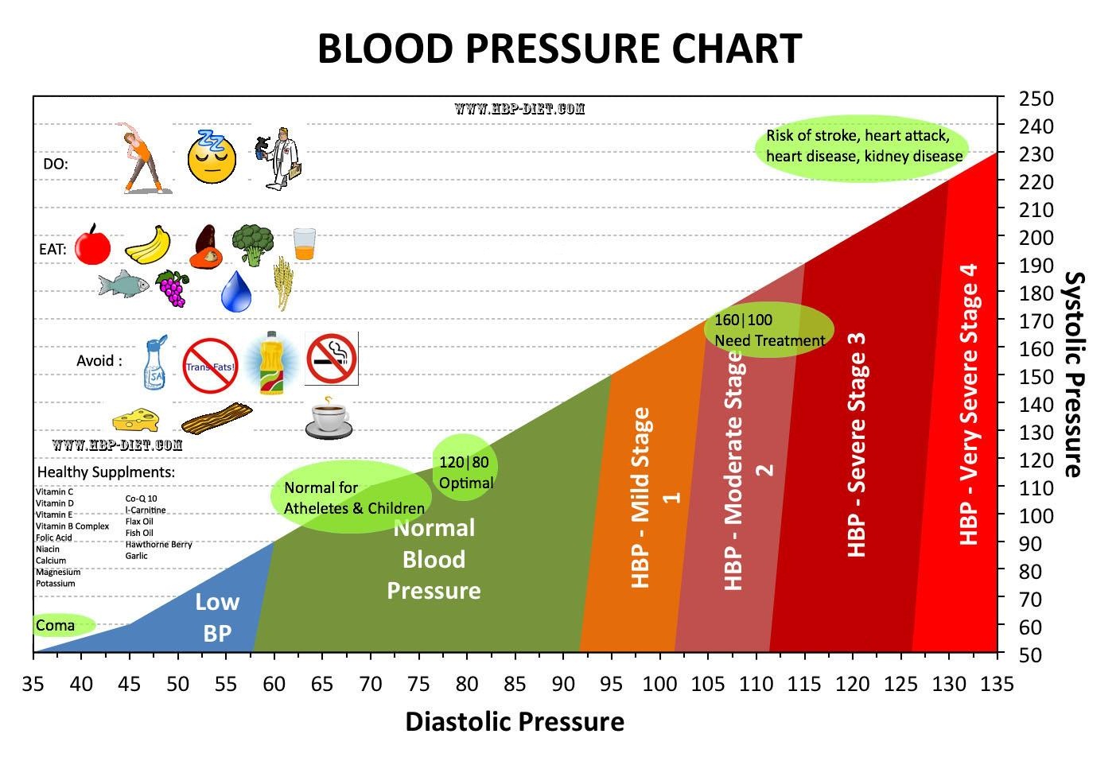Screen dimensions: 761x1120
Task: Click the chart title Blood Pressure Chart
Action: coord(559,49)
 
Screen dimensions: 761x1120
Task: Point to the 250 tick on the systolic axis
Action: coord(1036,99)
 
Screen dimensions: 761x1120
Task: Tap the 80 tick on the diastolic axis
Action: coord(467,684)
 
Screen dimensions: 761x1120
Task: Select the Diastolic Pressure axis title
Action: coord(515,721)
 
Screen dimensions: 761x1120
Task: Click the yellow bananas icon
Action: coord(149,244)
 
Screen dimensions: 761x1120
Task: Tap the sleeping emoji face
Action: coord(212,157)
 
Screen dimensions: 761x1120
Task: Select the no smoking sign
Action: coord(332,359)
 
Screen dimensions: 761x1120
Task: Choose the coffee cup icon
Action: coord(329,417)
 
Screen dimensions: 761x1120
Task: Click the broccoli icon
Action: coord(253,244)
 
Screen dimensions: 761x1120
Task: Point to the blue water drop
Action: coord(236,291)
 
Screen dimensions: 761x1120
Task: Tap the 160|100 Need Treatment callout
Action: coord(769,330)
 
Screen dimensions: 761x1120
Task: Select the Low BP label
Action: coord(217,617)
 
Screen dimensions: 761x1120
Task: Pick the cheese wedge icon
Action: coord(135,418)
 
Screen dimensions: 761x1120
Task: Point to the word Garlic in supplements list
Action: coord(137,556)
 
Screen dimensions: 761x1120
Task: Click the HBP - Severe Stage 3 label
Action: coord(856,445)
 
